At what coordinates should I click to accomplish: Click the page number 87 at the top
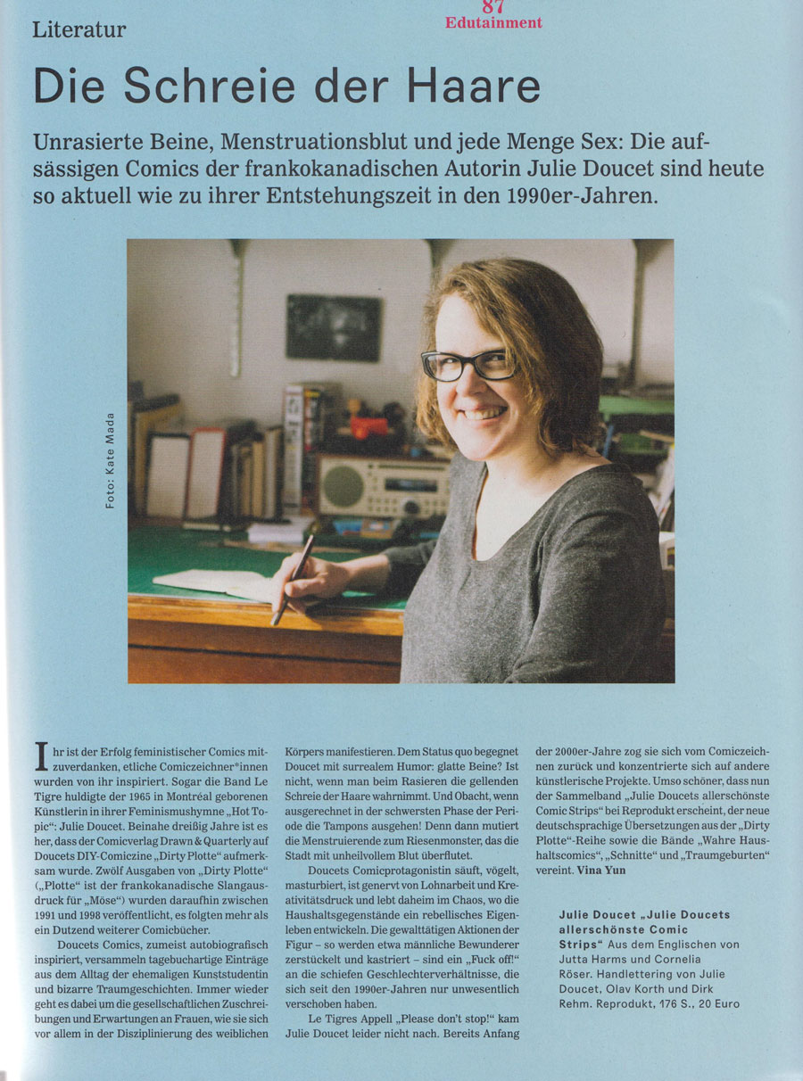(493, 5)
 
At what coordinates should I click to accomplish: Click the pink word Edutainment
(493, 22)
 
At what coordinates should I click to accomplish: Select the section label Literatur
(79, 30)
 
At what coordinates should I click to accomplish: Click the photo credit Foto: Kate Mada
(110, 460)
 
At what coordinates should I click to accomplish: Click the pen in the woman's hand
(293, 578)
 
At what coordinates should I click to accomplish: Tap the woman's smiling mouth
(485, 413)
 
